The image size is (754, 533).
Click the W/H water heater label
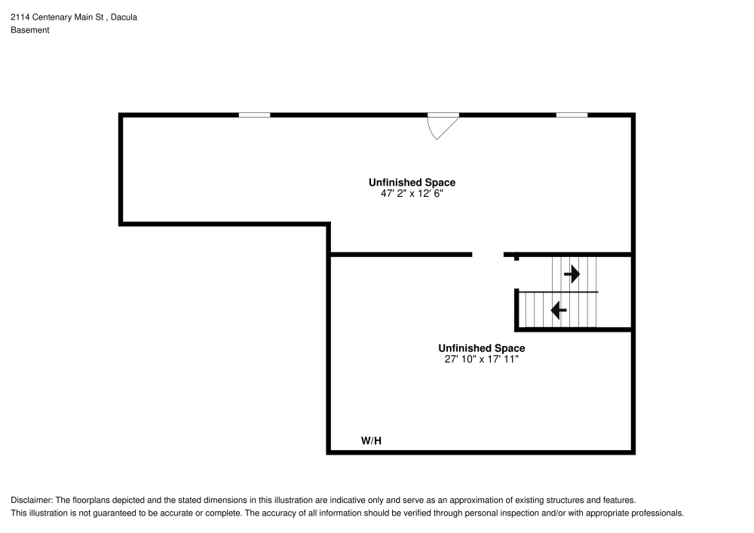[371, 440]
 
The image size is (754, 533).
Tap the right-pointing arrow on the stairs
[572, 274]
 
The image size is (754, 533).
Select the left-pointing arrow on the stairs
[559, 309]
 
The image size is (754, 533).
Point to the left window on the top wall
[254, 115]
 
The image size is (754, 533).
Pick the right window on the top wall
[572, 115]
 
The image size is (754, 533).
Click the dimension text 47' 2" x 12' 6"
[412, 193]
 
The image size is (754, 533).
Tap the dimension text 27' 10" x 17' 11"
[482, 360]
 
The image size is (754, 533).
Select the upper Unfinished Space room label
[412, 182]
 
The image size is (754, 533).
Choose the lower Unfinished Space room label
[482, 348]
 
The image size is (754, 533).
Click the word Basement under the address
[30, 30]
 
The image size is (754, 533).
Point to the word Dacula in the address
[124, 17]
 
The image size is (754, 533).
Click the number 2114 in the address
[20, 17]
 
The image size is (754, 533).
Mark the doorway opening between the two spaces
[488, 255]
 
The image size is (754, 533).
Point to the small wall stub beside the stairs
[516, 258]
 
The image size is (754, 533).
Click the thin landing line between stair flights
[558, 292]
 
